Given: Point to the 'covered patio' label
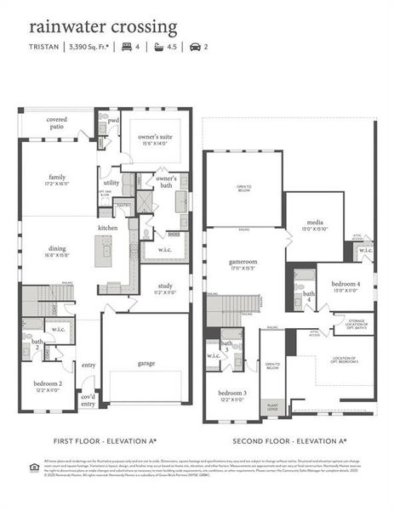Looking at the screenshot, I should click(57, 123).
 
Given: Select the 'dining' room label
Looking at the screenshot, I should click(56, 251).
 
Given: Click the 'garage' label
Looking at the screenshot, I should click(146, 363).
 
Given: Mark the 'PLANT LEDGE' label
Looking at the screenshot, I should click(271, 407).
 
